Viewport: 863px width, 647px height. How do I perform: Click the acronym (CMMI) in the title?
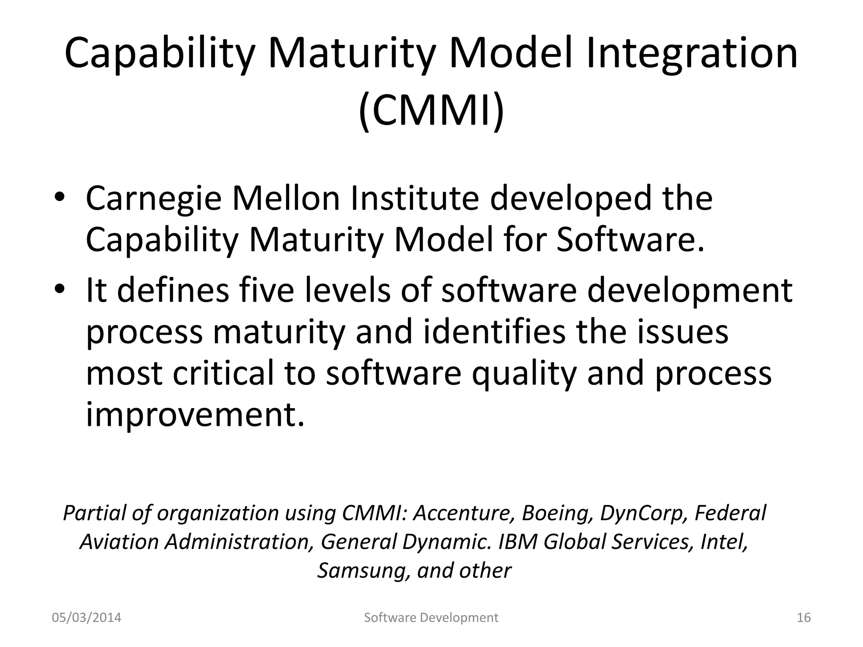tap(431, 111)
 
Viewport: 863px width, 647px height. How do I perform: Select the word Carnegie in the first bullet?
tap(153, 199)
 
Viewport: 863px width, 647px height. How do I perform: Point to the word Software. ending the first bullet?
tap(630, 239)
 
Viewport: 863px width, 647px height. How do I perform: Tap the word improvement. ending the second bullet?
tap(195, 414)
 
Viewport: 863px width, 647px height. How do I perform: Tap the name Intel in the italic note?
tap(723, 542)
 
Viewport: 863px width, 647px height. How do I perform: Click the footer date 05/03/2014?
tap(86, 618)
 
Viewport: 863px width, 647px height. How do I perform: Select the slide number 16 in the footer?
tap(804, 618)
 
